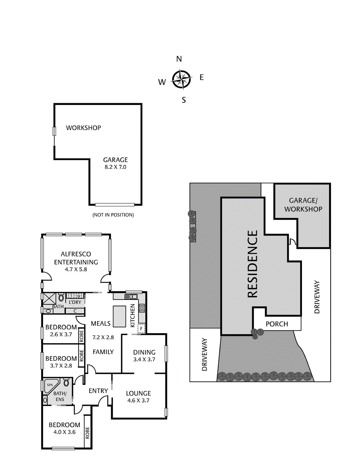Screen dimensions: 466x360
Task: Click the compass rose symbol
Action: pyautogui.click(x=181, y=79)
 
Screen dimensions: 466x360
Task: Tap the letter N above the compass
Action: pyautogui.click(x=179, y=59)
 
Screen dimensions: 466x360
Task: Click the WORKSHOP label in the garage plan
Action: pyautogui.click(x=83, y=128)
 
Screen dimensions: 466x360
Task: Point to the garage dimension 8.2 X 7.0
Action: pyautogui.click(x=115, y=167)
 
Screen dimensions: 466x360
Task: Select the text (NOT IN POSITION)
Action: pyautogui.click(x=113, y=215)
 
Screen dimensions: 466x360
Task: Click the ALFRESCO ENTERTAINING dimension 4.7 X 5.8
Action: pyautogui.click(x=76, y=269)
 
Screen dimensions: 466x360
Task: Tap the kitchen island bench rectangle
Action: pyautogui.click(x=119, y=316)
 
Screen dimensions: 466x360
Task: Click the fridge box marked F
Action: pyautogui.click(x=141, y=329)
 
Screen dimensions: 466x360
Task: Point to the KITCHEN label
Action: pyautogui.click(x=133, y=316)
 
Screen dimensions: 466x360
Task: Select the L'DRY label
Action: pyautogui.click(x=75, y=302)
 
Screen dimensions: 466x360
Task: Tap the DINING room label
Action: pyautogui.click(x=144, y=352)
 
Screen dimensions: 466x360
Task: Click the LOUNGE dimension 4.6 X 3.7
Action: pyautogui.click(x=138, y=400)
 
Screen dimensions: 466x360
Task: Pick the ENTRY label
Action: pyautogui.click(x=98, y=391)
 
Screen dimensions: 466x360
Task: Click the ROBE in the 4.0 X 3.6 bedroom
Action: pyautogui.click(x=87, y=433)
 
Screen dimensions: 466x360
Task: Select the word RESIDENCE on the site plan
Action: pyautogui.click(x=253, y=264)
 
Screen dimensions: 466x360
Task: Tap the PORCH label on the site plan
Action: pyautogui.click(x=277, y=324)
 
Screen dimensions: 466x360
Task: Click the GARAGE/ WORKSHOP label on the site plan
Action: pyautogui.click(x=303, y=205)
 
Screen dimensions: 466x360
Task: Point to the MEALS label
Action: pyautogui.click(x=100, y=324)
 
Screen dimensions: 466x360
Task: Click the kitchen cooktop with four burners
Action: pyautogui.click(x=142, y=308)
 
